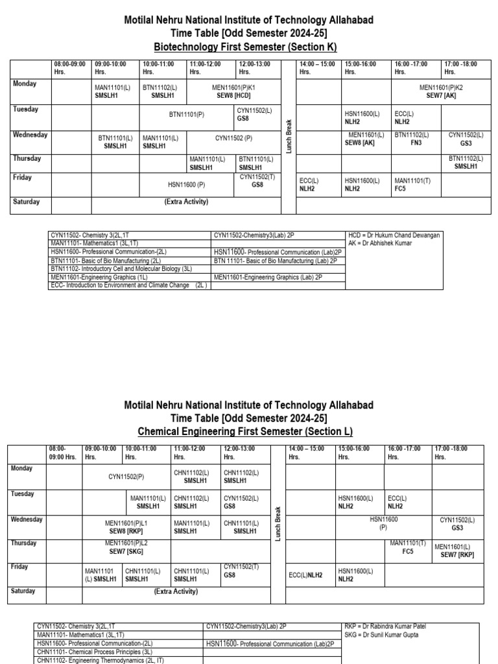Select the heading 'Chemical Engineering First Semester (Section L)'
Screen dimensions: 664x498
click(x=249, y=431)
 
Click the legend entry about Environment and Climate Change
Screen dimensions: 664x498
click(x=128, y=285)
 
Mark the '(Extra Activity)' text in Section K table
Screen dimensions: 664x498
click(x=186, y=202)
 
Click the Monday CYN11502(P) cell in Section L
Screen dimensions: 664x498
click(x=126, y=477)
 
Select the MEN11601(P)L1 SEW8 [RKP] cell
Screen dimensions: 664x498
click(x=126, y=526)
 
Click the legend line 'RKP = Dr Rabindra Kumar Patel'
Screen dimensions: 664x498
click(x=386, y=626)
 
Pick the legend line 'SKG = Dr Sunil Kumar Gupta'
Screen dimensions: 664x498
click(x=382, y=635)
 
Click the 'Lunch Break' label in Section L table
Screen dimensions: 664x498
click(x=278, y=524)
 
